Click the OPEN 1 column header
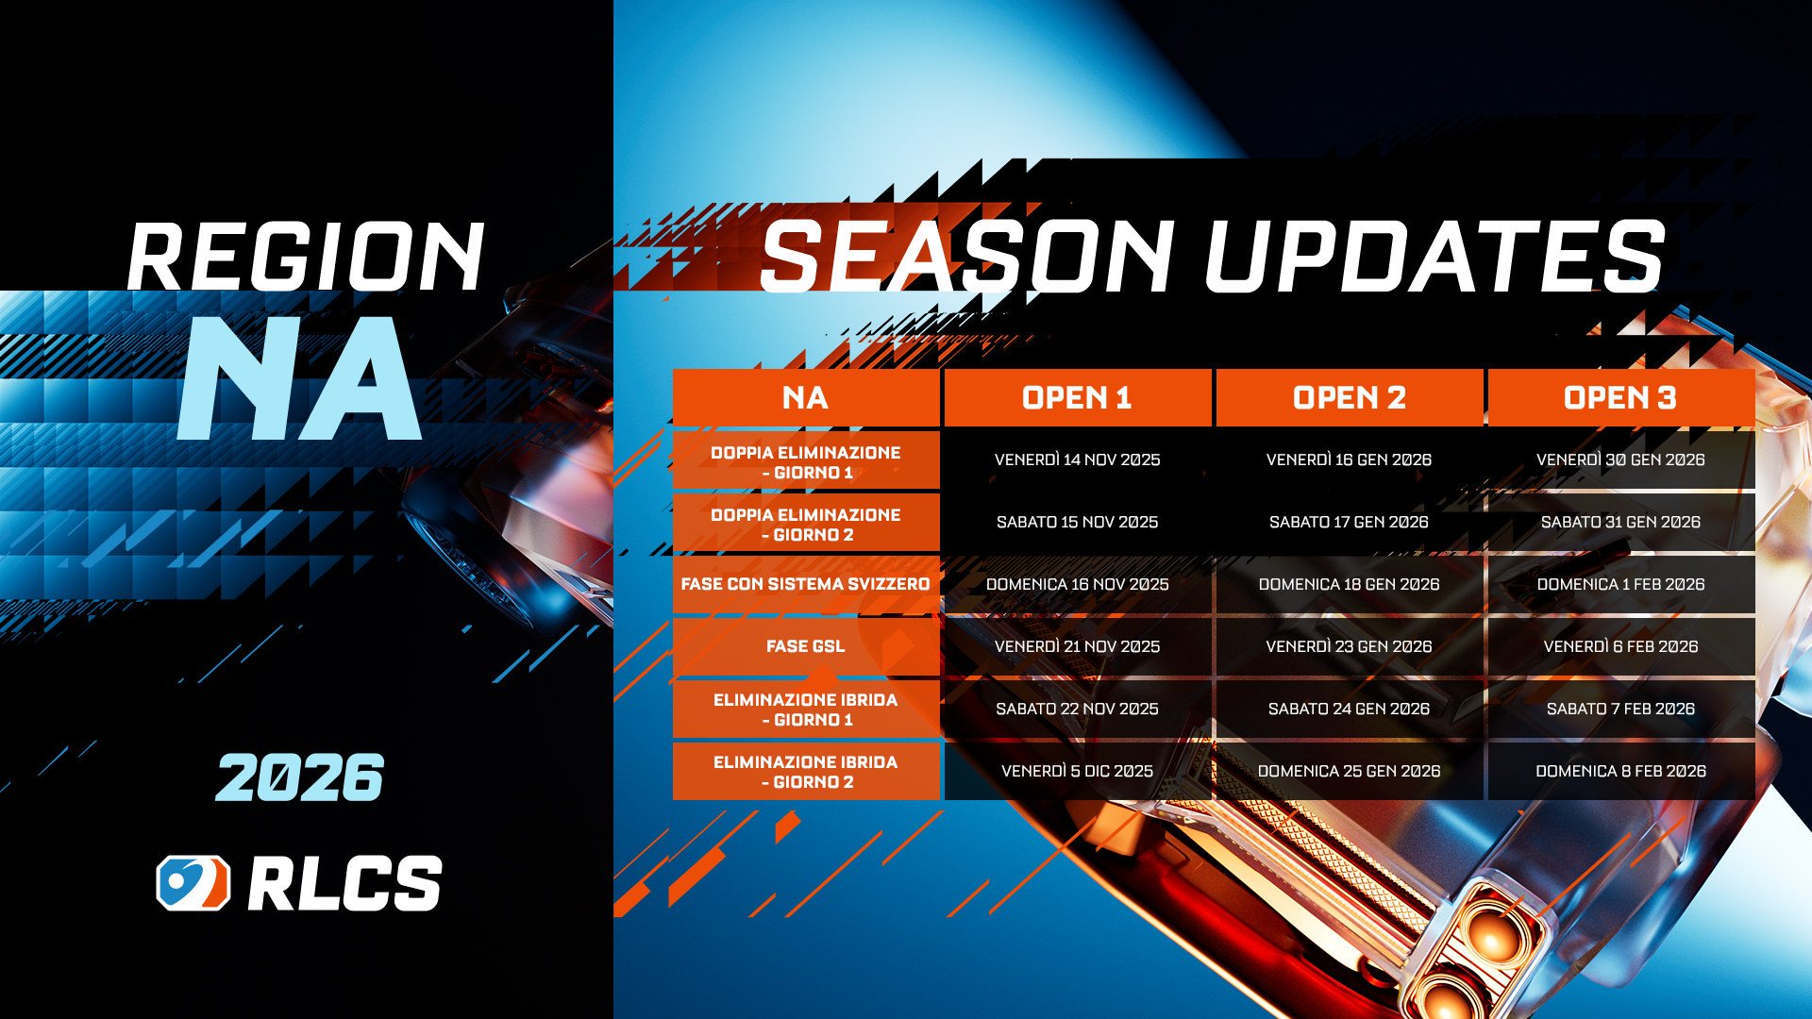(x=1077, y=398)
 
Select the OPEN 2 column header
(x=1349, y=398)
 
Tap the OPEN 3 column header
(x=1619, y=398)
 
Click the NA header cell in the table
(x=805, y=398)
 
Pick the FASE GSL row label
(x=805, y=646)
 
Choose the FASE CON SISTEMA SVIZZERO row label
(x=805, y=584)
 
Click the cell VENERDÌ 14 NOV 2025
(x=1077, y=459)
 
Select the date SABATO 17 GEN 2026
(x=1349, y=522)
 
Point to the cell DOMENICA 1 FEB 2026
(x=1619, y=584)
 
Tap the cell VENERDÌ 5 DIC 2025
(x=1077, y=771)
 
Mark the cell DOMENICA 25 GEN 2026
(x=1349, y=771)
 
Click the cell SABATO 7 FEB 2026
(x=1619, y=709)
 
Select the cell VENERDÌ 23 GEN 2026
(x=1349, y=646)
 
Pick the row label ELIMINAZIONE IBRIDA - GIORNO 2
(x=805, y=772)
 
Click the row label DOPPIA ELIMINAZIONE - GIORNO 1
(x=805, y=462)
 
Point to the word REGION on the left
(x=306, y=257)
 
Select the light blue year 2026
(x=300, y=778)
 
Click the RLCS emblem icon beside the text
(x=193, y=883)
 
